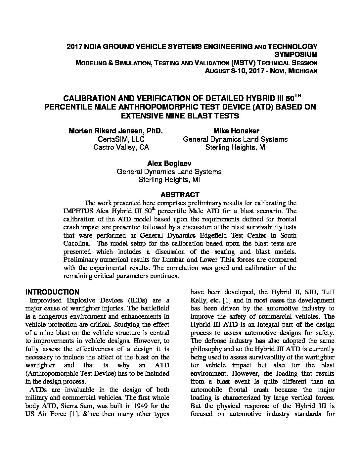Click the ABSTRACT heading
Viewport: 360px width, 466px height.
(x=180, y=195)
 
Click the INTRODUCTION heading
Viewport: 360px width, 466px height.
(x=52, y=292)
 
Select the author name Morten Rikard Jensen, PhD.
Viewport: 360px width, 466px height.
(x=115, y=131)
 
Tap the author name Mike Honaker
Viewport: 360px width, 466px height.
(x=235, y=131)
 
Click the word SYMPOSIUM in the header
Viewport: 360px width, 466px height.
(x=296, y=55)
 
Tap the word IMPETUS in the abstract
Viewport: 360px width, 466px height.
(x=78, y=211)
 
